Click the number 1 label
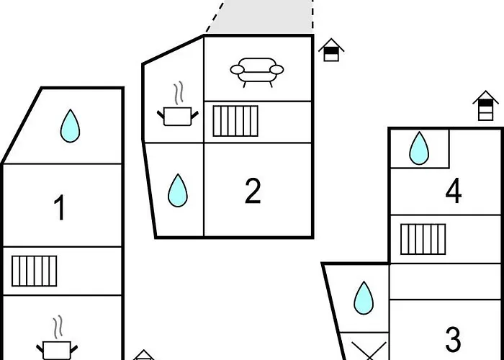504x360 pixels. pos(60,209)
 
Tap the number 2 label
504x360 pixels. pos(252,192)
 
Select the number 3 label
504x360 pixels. pos(452,338)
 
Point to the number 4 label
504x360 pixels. pos(453,192)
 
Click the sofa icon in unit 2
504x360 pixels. pos(257,72)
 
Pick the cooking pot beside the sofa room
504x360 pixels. pos(176,115)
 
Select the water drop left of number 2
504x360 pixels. pos(177,191)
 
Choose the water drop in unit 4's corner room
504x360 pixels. pos(419,149)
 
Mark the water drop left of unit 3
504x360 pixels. pos(364,297)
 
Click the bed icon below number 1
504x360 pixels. pos(34,271)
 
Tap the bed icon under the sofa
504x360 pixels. pos(235,121)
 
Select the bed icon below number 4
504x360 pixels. pos(423,240)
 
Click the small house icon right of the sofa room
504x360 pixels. pos(331,50)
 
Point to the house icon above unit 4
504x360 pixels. pos(486,107)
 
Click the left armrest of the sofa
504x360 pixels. pos(237,70)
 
